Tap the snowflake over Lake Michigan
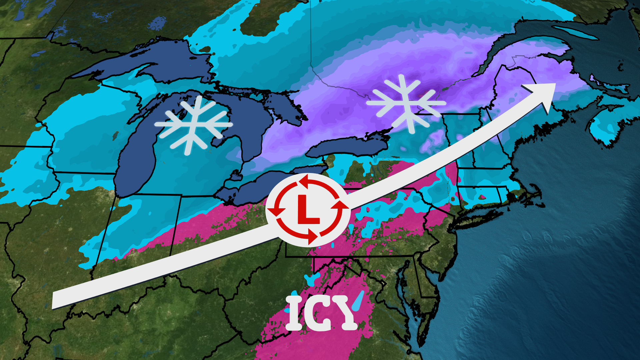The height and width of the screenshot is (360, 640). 193,125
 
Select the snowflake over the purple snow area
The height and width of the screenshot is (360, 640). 406,103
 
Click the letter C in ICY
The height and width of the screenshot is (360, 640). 318,313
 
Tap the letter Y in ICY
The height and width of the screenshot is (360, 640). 347,313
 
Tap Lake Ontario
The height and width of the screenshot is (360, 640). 347,147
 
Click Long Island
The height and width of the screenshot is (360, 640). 473,220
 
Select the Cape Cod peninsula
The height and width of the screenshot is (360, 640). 533,193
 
